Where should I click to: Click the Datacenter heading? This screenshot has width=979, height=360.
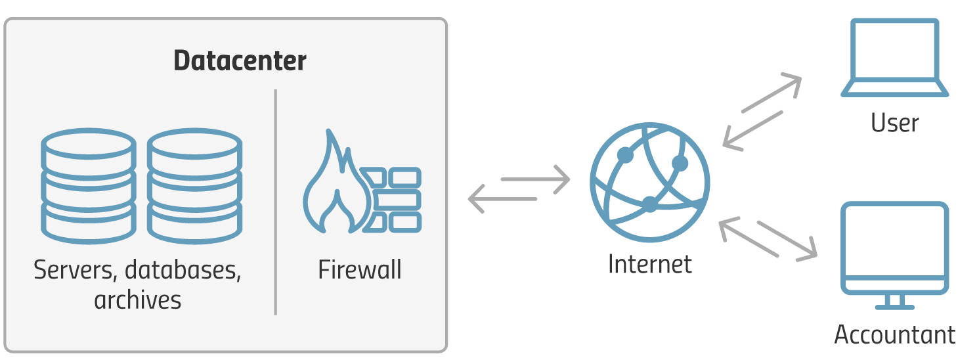240,61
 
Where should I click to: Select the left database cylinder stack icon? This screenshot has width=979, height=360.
88,186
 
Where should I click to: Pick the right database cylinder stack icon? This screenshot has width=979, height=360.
194,186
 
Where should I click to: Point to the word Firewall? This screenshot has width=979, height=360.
360,270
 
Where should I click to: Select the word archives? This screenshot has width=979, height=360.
137,300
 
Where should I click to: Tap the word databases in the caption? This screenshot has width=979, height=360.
183,270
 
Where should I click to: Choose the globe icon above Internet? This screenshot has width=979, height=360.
649,182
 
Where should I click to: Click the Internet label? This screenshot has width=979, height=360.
649,264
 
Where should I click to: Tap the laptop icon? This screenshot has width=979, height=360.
894,58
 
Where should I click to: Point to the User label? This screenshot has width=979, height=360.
894,123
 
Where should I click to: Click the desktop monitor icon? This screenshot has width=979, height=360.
894,253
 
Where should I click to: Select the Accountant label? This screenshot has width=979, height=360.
894,334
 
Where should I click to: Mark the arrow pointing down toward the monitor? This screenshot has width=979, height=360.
788,239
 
